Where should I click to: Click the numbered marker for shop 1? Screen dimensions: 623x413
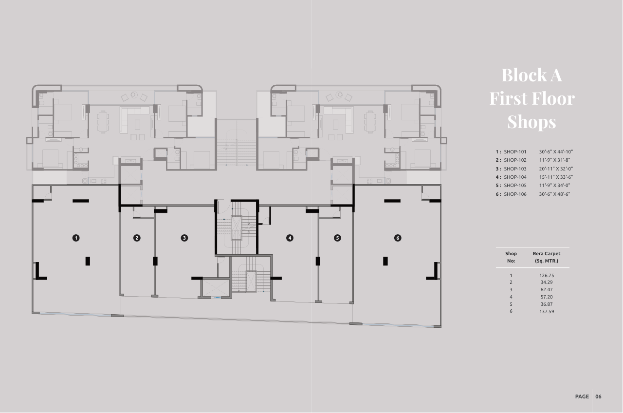click(76, 238)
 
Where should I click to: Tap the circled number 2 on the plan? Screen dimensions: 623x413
click(137, 238)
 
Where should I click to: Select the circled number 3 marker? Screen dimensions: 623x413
click(184, 238)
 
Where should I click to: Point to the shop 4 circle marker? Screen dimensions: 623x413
click(290, 238)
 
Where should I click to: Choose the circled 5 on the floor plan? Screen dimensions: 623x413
click(337, 238)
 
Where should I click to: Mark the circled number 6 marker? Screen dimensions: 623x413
click(398, 238)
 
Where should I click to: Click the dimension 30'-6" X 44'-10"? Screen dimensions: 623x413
click(556, 151)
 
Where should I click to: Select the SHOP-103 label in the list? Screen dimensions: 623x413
click(515, 169)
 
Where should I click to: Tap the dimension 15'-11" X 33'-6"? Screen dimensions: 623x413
click(556, 177)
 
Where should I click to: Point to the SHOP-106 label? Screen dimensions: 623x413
click(515, 194)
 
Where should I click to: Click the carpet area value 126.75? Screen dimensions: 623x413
click(547, 276)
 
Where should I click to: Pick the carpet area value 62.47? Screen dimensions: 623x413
click(547, 290)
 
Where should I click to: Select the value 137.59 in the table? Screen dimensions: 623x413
click(547, 311)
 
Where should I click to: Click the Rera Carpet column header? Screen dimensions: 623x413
click(547, 257)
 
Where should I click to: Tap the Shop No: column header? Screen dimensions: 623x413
click(511, 257)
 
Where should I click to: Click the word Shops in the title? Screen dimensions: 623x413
click(531, 122)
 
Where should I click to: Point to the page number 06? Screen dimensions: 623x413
click(599, 396)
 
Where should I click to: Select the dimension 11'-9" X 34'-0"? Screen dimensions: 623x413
click(554, 186)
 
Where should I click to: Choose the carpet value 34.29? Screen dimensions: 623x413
click(547, 282)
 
